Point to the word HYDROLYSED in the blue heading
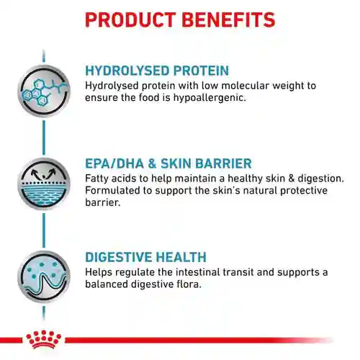[x=130, y=71]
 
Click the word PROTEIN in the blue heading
[x=204, y=71]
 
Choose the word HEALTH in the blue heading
[x=183, y=257]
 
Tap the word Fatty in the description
[x=98, y=178]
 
